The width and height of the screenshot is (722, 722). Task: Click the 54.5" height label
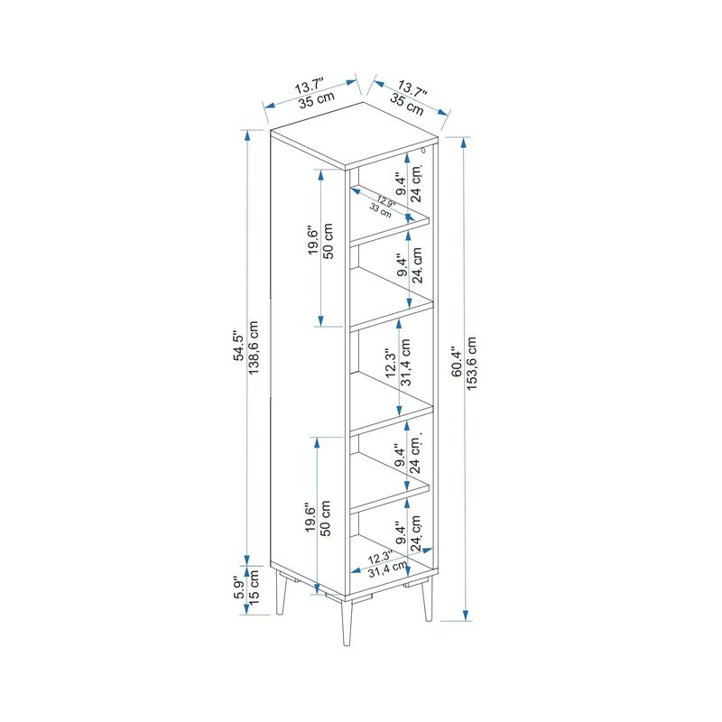[x=239, y=346]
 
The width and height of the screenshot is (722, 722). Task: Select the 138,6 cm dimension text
[x=254, y=347]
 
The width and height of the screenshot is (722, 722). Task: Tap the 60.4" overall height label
[x=457, y=362]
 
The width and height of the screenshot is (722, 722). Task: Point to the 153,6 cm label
[x=471, y=364]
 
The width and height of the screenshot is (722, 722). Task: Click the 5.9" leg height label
[x=238, y=588]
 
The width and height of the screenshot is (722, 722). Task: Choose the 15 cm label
[x=254, y=587]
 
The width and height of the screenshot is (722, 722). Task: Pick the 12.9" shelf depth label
[x=386, y=201]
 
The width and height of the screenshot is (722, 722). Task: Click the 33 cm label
[x=381, y=211]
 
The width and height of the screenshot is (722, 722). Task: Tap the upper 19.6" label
[x=313, y=240]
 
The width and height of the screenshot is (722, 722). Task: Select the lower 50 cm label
[x=326, y=518]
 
